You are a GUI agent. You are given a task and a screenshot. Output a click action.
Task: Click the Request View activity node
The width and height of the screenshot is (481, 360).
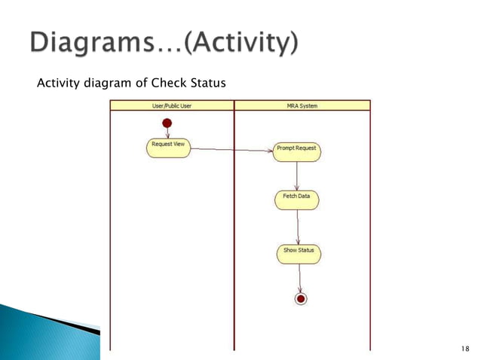point(167,147)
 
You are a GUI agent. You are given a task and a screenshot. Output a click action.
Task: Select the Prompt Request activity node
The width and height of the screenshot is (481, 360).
point(297,151)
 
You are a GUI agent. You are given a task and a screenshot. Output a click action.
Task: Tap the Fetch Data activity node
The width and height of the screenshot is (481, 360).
point(296,199)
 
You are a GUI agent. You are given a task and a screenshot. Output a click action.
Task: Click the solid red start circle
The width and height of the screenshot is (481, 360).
point(167,123)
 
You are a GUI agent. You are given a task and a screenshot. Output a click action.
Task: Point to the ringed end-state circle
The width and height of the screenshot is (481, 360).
point(301,299)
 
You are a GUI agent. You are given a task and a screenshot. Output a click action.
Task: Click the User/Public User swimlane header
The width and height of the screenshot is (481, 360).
point(171,106)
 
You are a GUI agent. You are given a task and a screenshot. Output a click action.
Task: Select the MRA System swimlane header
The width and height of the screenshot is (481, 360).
point(302,106)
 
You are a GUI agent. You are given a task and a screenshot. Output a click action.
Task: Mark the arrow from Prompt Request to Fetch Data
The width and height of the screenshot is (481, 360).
point(297,175)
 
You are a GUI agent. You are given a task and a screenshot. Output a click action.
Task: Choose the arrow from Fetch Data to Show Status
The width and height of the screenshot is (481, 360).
point(298,225)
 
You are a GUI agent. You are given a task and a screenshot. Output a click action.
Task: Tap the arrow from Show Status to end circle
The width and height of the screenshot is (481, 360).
point(300,278)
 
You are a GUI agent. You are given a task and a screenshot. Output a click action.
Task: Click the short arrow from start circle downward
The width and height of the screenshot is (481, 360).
point(167,133)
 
